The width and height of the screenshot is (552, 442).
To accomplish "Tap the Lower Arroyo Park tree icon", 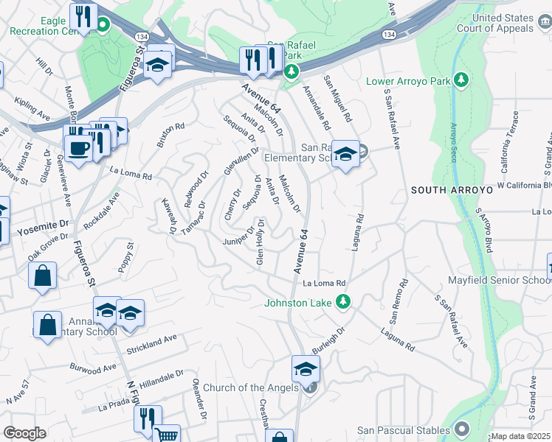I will tap(462, 79).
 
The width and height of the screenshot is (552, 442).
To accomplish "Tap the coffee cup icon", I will tap(77, 147).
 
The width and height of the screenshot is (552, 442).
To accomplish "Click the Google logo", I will tap(24, 433).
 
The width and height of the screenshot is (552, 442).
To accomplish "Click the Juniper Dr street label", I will tap(238, 242).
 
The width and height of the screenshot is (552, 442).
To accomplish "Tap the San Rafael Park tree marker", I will tap(291, 71).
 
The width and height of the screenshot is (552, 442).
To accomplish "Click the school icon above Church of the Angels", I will tap(306, 369).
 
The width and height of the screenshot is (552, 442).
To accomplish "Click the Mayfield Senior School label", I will tap(499, 281).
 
